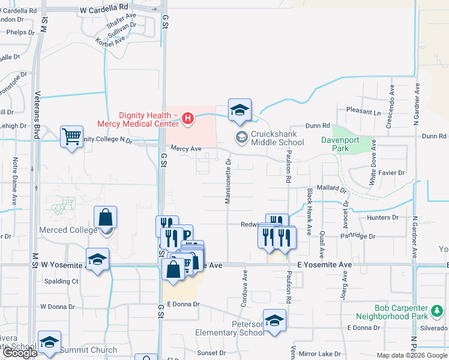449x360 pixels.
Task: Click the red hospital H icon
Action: click(188, 118)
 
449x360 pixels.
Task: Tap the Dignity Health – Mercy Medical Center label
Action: click(139, 120)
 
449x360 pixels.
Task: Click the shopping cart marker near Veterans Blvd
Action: click(71, 137)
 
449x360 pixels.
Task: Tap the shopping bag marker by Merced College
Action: click(105, 218)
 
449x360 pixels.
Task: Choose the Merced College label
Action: click(68, 230)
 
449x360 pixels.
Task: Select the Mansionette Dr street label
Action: click(228, 182)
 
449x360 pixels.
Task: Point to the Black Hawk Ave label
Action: click(310, 211)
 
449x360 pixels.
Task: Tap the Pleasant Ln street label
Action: click(364, 112)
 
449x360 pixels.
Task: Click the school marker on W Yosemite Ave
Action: click(97, 260)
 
